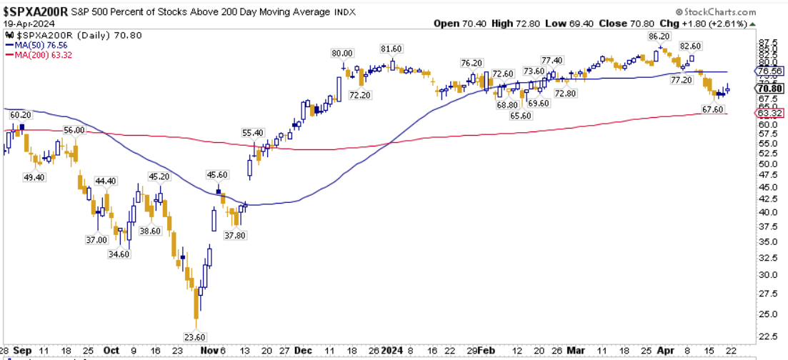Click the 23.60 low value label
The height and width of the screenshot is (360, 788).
[194, 336]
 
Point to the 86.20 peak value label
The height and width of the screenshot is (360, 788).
[658, 36]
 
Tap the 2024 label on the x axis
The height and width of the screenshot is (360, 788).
[391, 351]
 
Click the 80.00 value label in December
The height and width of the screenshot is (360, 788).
[342, 53]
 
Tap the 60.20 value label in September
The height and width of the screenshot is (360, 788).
[19, 114]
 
